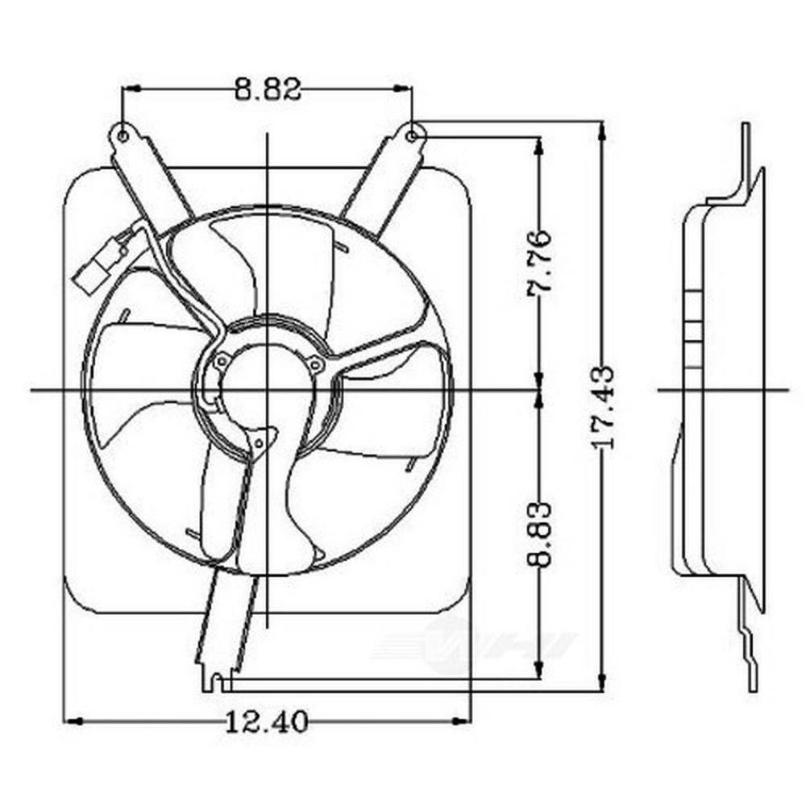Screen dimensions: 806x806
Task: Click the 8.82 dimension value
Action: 268,89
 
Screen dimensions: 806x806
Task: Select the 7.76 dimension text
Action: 538,264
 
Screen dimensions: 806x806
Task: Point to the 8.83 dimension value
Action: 538,534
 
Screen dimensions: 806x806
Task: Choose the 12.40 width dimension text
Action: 266,721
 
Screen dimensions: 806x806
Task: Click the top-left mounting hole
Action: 123,135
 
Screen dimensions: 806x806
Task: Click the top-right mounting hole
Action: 412,135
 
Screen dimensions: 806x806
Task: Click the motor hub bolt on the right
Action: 316,366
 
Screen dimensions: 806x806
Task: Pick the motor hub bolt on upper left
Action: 222,360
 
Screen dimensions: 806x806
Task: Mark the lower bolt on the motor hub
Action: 259,442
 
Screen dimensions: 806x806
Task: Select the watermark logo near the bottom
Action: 476,645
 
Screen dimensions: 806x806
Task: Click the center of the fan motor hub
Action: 267,391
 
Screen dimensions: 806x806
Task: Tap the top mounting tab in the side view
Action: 746,153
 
